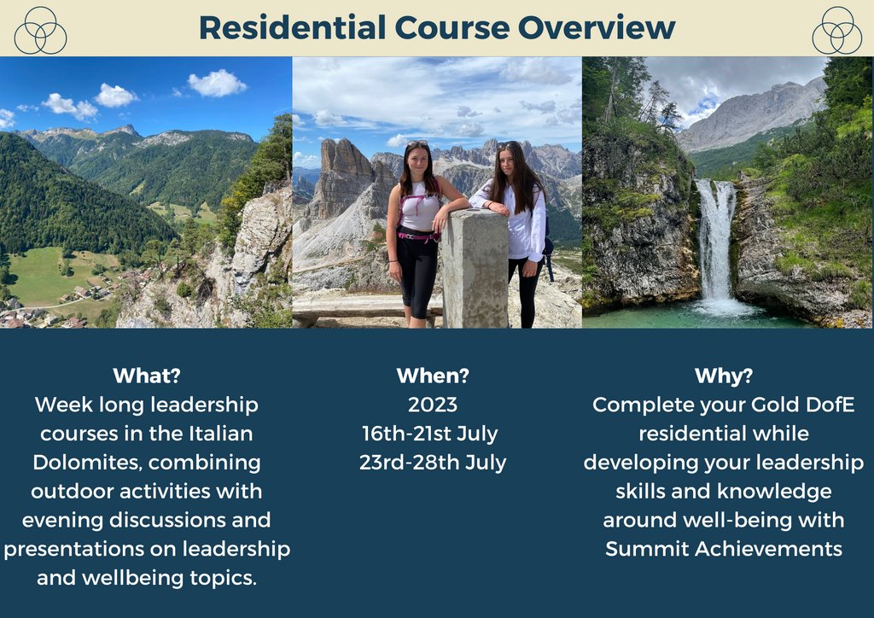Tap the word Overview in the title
pyautogui.click(x=597, y=27)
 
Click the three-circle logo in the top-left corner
pyautogui.click(x=40, y=30)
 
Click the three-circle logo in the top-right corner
pyautogui.click(x=836, y=30)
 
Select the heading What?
pyautogui.click(x=147, y=376)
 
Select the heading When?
pyautogui.click(x=433, y=376)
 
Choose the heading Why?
pyautogui.click(x=724, y=376)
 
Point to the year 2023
pyautogui.click(x=433, y=405)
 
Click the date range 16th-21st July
pyautogui.click(x=430, y=434)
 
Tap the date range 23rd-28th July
pyautogui.click(x=433, y=463)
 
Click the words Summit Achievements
pyautogui.click(x=724, y=549)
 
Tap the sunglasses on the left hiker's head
pyautogui.click(x=417, y=143)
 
